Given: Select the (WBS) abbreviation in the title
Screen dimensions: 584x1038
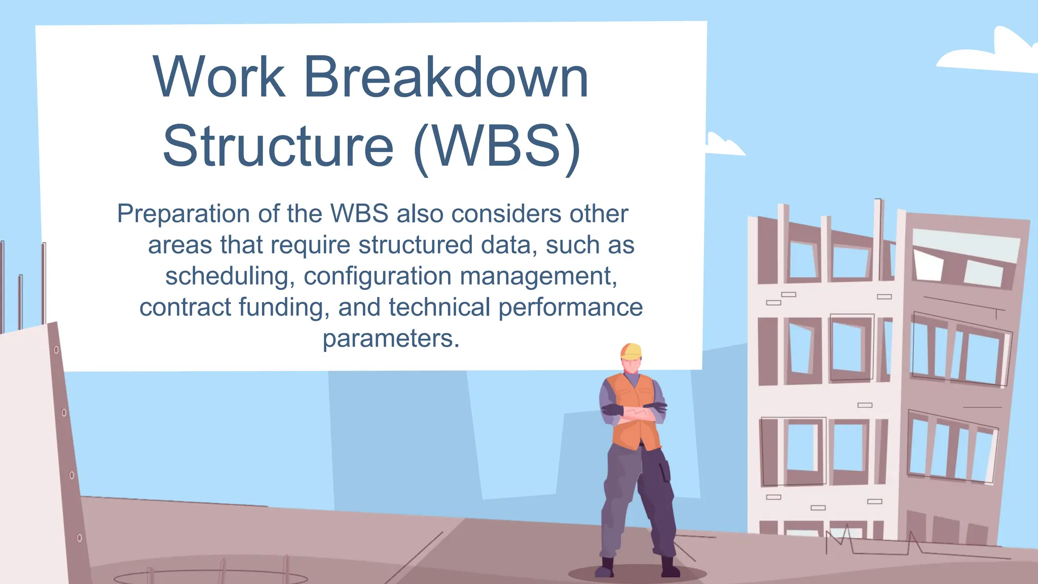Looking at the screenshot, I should [497, 147].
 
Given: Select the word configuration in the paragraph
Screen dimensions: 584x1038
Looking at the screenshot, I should [377, 277].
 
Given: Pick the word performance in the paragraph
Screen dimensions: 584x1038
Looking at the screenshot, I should [570, 308].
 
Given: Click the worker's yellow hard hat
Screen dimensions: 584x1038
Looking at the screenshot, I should [632, 351].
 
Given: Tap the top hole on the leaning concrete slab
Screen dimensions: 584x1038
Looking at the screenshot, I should [56, 350].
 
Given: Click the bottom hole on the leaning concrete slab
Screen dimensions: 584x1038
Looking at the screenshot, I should [79, 538].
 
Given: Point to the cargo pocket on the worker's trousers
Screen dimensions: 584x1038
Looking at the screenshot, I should [664, 469].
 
